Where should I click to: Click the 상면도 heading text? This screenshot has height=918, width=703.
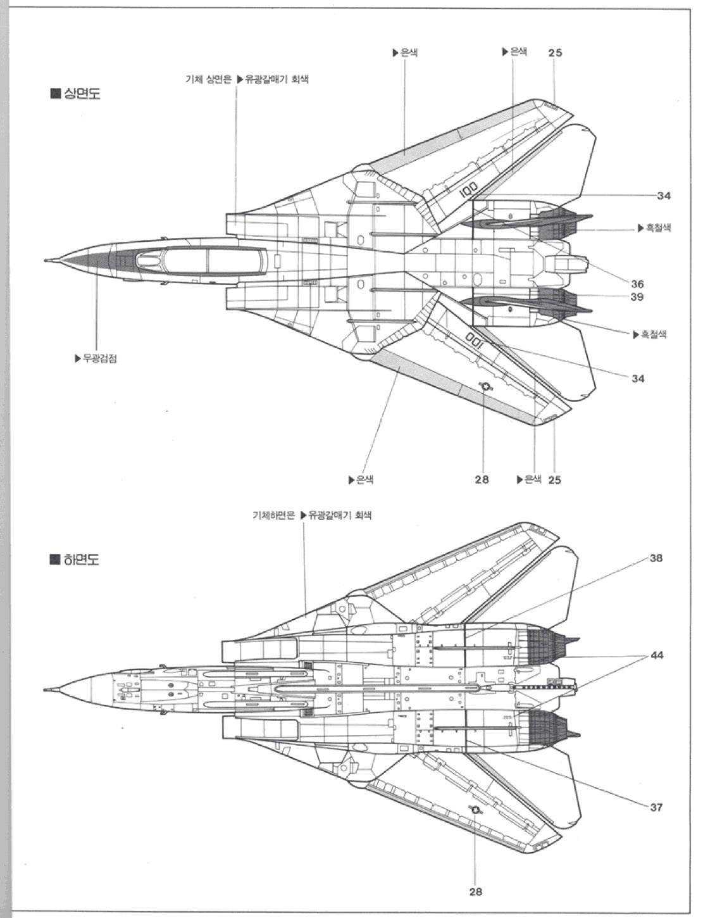point(82,94)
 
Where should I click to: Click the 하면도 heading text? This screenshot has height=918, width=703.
point(82,560)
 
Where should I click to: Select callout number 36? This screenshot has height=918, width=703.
point(637,284)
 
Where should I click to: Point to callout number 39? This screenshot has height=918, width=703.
point(637,297)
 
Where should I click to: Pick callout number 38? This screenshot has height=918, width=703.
point(656,558)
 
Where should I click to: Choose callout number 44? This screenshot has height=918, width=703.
point(657,655)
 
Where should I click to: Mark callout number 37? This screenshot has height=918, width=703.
point(656,807)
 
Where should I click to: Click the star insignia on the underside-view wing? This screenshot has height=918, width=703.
point(475,810)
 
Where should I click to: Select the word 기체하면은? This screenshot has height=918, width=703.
point(274,515)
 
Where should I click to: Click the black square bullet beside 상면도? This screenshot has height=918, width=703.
point(54,94)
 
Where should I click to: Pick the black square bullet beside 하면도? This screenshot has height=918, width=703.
point(54,560)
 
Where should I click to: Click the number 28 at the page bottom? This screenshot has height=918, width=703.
point(475,891)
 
